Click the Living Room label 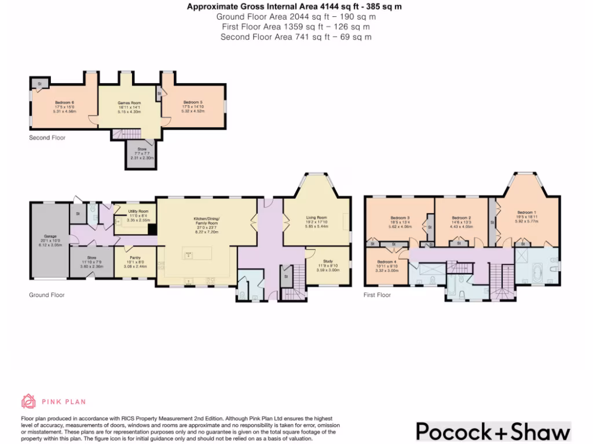click(316, 218)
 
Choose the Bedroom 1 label click(526, 213)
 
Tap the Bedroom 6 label click(64, 102)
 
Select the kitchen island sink click(188, 254)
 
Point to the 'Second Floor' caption click(47, 138)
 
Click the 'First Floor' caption click(377, 295)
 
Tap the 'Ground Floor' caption click(47, 295)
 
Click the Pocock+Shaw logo click(493, 432)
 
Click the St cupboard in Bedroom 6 click(39, 84)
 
